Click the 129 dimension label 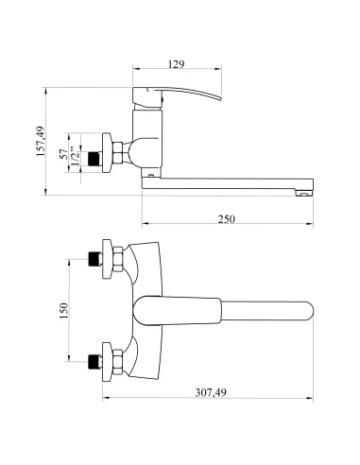pyautogui.click(x=176, y=64)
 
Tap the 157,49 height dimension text pyautogui.click(x=41, y=142)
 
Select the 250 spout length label pyautogui.click(x=227, y=218)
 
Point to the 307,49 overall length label pyautogui.click(x=211, y=392)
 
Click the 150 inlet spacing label pyautogui.click(x=63, y=310)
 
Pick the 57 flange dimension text pyautogui.click(x=64, y=154)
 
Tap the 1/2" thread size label pyautogui.click(x=74, y=155)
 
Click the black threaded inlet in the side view pyautogui.click(x=94, y=159)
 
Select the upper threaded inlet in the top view pyautogui.click(x=95, y=259)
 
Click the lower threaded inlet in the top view pyautogui.click(x=95, y=362)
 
